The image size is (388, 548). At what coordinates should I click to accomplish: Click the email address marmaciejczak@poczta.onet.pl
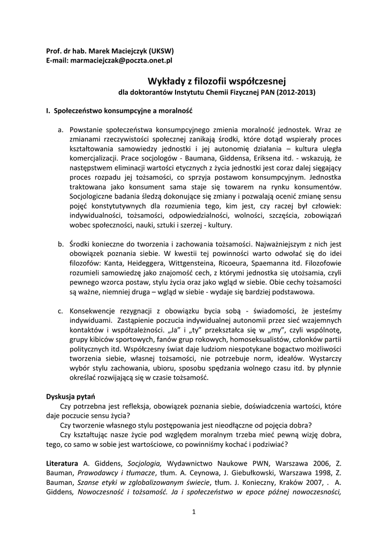(119, 61)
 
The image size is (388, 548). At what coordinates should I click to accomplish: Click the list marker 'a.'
(60, 130)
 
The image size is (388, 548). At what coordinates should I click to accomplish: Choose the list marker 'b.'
(60, 244)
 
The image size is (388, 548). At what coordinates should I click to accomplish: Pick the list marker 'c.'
(60, 311)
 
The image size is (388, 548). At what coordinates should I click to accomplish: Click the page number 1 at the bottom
(194, 513)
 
